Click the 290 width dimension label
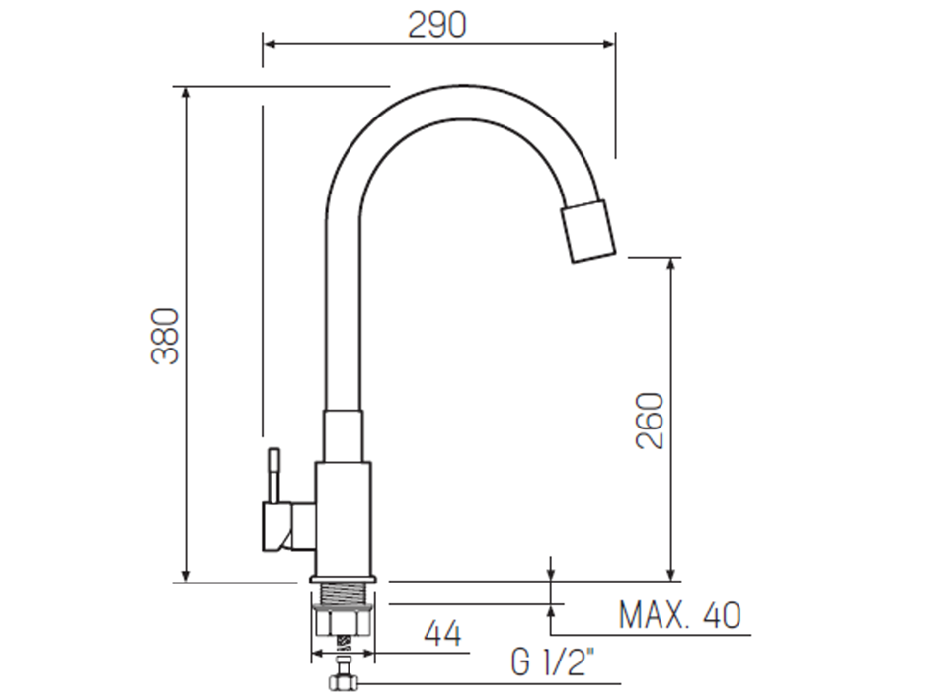coord(436,25)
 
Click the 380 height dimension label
coord(166,336)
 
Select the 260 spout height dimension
coord(650,421)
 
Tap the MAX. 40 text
coord(679,616)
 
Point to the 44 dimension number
coord(442,633)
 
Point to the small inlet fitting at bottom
coord(343,679)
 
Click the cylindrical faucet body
coord(345,517)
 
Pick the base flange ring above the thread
coord(343,579)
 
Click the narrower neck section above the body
coord(345,435)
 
